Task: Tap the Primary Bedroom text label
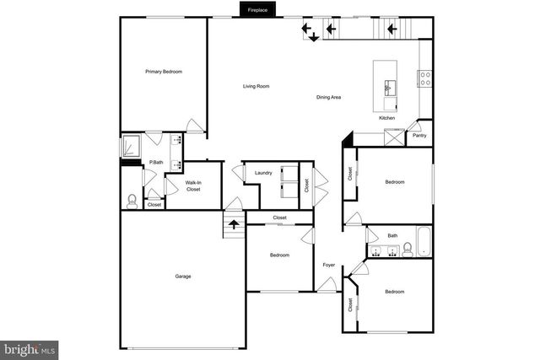point(163,72)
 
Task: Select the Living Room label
point(256,86)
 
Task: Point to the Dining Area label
point(328,98)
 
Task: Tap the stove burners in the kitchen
point(425,78)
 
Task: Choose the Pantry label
point(419,135)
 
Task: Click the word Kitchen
point(386,118)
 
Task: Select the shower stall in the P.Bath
point(132,146)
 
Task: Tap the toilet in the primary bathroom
point(131,201)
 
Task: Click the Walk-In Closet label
point(193,185)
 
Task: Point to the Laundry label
point(263,173)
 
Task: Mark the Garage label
point(182,277)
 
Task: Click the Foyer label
point(329,266)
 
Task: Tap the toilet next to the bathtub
point(408,249)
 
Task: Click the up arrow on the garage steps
point(234,224)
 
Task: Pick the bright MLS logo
point(30,347)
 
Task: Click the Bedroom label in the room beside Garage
point(279,255)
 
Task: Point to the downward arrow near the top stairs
point(313,36)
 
